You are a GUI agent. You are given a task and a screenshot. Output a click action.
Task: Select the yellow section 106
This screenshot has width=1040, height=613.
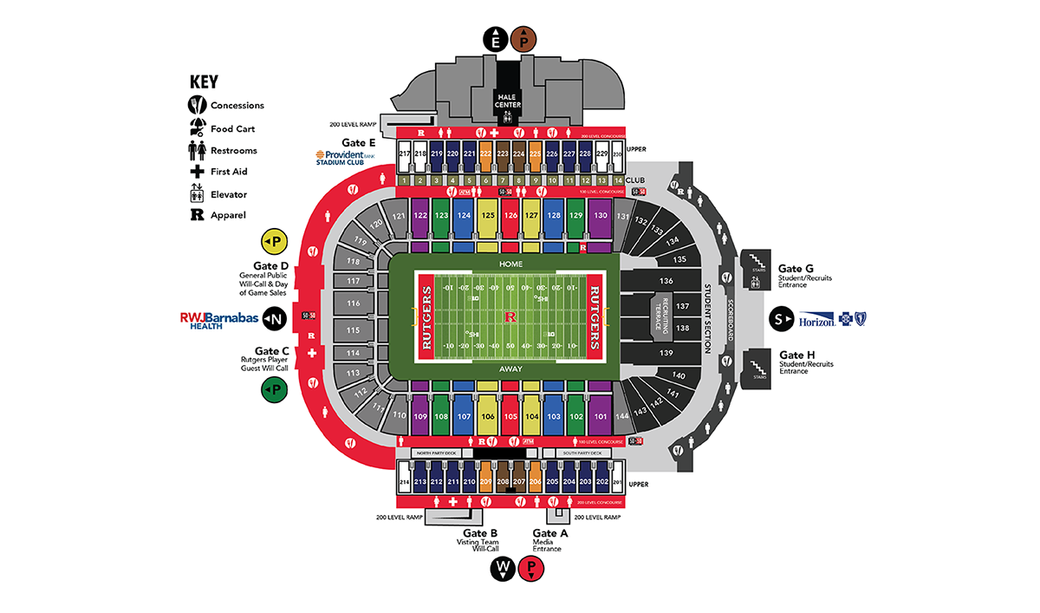tap(487, 415)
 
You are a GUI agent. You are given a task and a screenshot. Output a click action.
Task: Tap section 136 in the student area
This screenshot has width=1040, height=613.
tap(666, 281)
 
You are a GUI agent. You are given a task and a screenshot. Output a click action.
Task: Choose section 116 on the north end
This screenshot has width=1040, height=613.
tap(352, 303)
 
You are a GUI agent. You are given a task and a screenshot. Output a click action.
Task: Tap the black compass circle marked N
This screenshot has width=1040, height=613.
tap(276, 319)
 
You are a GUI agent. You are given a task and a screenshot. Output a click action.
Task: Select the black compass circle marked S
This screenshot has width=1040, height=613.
tap(778, 320)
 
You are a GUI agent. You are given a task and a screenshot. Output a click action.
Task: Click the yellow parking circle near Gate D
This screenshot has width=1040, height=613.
tap(274, 241)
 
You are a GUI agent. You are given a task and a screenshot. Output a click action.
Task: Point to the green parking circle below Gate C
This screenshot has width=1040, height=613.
tap(274, 389)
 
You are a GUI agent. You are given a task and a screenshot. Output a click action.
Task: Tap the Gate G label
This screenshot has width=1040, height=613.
tap(796, 269)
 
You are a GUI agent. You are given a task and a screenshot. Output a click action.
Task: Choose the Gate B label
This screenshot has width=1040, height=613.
tap(479, 533)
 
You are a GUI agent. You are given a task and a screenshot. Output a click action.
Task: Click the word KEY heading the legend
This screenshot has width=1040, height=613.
tap(204, 82)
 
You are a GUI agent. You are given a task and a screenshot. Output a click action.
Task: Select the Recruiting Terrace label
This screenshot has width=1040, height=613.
tap(658, 316)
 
